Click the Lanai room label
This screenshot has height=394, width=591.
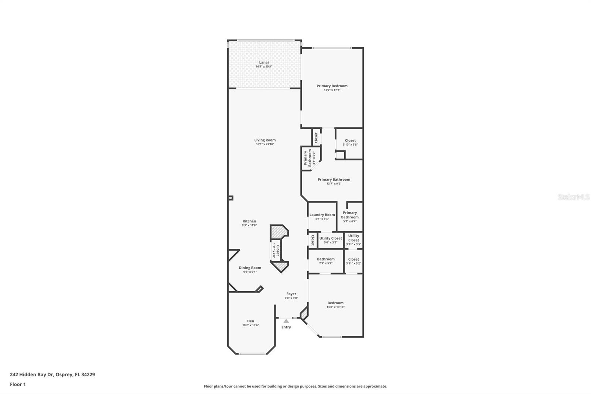point(264,62)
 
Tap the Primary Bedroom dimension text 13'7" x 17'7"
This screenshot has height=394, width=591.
point(332,90)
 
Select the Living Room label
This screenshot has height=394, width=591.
point(265,140)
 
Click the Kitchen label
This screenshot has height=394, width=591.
point(249,221)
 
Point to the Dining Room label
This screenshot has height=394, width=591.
point(250,268)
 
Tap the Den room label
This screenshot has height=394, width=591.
point(250,321)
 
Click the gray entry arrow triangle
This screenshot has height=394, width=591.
point(286,321)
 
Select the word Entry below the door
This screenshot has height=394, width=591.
point(286,327)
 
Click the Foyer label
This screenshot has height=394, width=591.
point(291,294)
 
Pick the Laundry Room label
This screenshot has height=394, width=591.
point(322,215)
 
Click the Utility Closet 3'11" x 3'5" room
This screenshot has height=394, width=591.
point(353,240)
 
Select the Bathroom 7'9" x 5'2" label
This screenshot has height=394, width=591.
point(325,259)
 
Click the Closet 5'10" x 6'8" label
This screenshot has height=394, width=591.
point(350,140)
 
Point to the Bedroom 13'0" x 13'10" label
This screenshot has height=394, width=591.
point(335,303)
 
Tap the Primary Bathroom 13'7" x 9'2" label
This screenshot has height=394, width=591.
point(334,180)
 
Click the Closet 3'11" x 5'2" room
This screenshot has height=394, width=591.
point(353,261)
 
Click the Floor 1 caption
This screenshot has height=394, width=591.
point(18,384)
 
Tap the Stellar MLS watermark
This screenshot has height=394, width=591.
point(573,197)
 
